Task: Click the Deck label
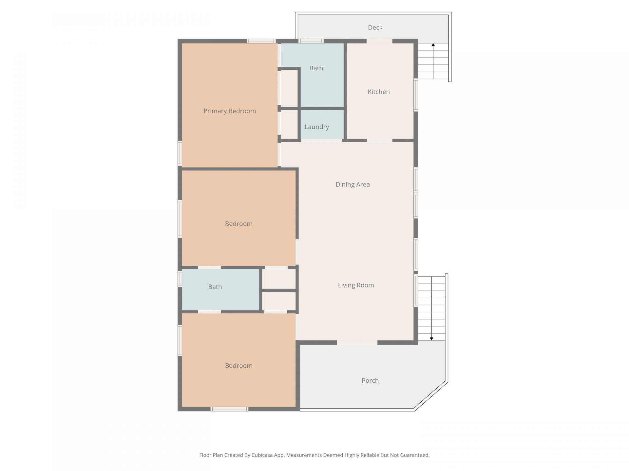(375, 27)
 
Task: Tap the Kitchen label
(379, 92)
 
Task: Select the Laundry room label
(317, 127)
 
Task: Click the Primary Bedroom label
(230, 111)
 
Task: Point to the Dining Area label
(353, 184)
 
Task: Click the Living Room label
(356, 285)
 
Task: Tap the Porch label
(370, 381)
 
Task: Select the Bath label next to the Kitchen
(316, 68)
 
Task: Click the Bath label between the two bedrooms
(215, 287)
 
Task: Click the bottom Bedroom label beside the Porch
(238, 366)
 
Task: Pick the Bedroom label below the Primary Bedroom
(238, 224)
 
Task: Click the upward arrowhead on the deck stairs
(433, 45)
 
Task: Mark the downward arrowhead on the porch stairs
(431, 339)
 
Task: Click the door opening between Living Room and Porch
(357, 342)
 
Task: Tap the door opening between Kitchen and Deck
(379, 41)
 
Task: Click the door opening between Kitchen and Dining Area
(379, 140)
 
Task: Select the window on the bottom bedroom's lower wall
(229, 409)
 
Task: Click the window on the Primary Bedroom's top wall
(261, 41)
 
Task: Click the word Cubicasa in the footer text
(262, 455)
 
